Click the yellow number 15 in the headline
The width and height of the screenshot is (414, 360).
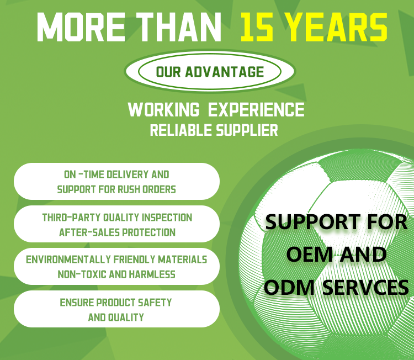click(x=257, y=28)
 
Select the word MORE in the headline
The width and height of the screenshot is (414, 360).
click(x=81, y=27)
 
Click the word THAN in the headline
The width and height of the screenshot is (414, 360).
click(x=178, y=27)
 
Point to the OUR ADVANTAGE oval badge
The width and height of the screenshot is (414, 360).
click(x=210, y=72)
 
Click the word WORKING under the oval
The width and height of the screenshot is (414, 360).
click(x=164, y=110)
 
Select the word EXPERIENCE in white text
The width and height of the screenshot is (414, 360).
click(x=256, y=110)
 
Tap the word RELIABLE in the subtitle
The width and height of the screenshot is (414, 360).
click(x=181, y=130)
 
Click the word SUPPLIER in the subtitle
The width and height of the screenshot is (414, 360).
click(x=247, y=130)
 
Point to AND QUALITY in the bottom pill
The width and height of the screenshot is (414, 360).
click(x=116, y=317)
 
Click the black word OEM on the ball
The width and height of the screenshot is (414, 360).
click(x=309, y=254)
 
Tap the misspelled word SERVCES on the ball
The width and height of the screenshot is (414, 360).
click(x=365, y=287)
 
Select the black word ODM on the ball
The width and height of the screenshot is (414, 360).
click(x=289, y=287)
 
